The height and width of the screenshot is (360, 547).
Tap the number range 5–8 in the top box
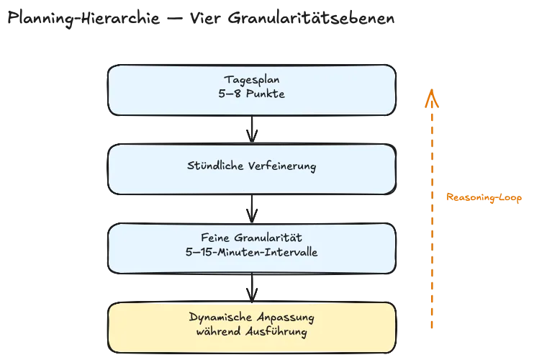click(229, 93)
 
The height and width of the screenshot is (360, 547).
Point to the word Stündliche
click(214, 166)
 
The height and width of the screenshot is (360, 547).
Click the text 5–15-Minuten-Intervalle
click(251, 252)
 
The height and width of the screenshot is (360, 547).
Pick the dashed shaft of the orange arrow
click(431, 238)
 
